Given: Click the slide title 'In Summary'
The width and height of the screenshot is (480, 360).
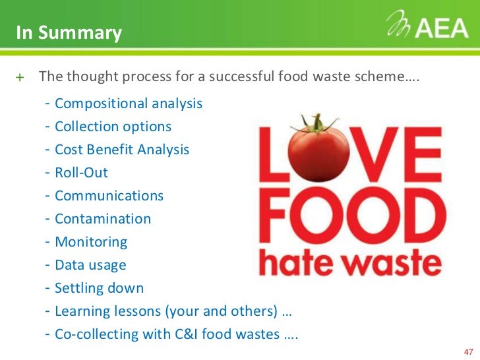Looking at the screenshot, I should click(x=69, y=33).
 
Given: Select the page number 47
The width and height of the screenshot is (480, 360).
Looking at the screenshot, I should click(x=469, y=350).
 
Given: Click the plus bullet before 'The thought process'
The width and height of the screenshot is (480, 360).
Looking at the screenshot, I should click(x=20, y=77).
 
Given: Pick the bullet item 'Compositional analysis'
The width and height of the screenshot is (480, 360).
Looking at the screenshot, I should click(x=129, y=104).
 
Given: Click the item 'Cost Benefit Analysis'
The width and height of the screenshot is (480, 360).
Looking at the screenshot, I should click(x=122, y=150).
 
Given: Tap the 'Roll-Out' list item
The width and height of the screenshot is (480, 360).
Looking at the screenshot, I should click(x=81, y=173).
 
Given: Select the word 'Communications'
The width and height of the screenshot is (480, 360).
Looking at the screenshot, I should click(x=109, y=196).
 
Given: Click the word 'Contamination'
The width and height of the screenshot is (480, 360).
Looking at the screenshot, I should click(x=103, y=219).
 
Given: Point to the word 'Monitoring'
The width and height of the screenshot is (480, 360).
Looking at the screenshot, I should click(x=91, y=242).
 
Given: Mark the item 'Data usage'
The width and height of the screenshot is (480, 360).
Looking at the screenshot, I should click(x=90, y=265).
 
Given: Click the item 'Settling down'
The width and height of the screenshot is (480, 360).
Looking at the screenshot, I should click(x=99, y=288).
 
